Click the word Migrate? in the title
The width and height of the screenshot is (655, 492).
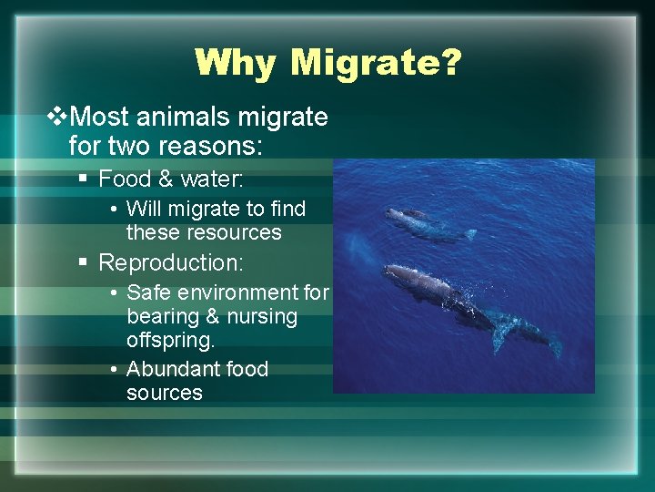377,63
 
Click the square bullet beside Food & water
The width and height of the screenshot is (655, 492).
83,179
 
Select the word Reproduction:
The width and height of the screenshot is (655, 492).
170,262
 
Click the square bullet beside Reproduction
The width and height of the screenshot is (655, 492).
83,263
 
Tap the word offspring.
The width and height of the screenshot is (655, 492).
171,341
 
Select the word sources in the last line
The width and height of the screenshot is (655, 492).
164,393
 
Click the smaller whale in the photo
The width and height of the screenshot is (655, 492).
423,222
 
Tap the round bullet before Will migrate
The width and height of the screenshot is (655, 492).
111,210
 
